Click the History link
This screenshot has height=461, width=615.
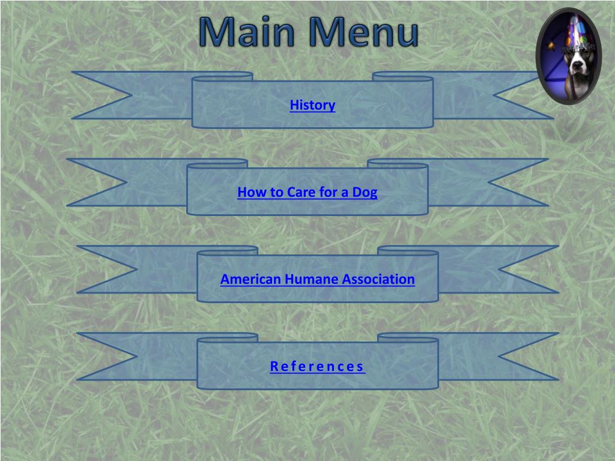[x=312, y=105]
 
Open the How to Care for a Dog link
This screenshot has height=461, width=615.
[x=307, y=193]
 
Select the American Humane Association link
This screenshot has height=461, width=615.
[x=317, y=279]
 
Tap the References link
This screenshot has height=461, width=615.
[x=317, y=366]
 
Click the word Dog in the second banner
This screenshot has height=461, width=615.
[x=365, y=193]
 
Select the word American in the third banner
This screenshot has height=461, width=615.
[x=250, y=279]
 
